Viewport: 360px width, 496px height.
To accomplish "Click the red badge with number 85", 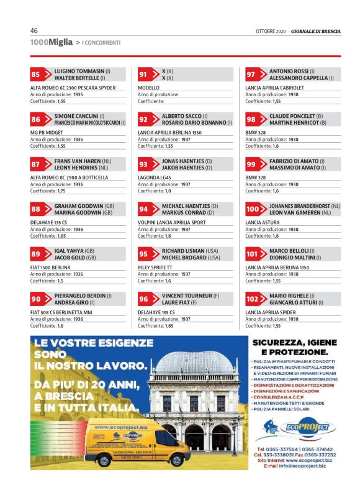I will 36,74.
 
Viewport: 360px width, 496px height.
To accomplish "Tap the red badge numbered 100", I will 253,210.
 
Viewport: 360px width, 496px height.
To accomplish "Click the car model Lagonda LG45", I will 156,178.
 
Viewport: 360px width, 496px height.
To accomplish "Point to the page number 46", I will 34,31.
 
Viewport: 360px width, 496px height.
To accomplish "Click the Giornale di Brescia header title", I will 316,32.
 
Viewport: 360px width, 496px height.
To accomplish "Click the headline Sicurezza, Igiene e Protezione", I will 295,348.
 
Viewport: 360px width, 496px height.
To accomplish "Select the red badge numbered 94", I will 144,209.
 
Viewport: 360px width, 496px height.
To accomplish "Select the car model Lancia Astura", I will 262,222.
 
